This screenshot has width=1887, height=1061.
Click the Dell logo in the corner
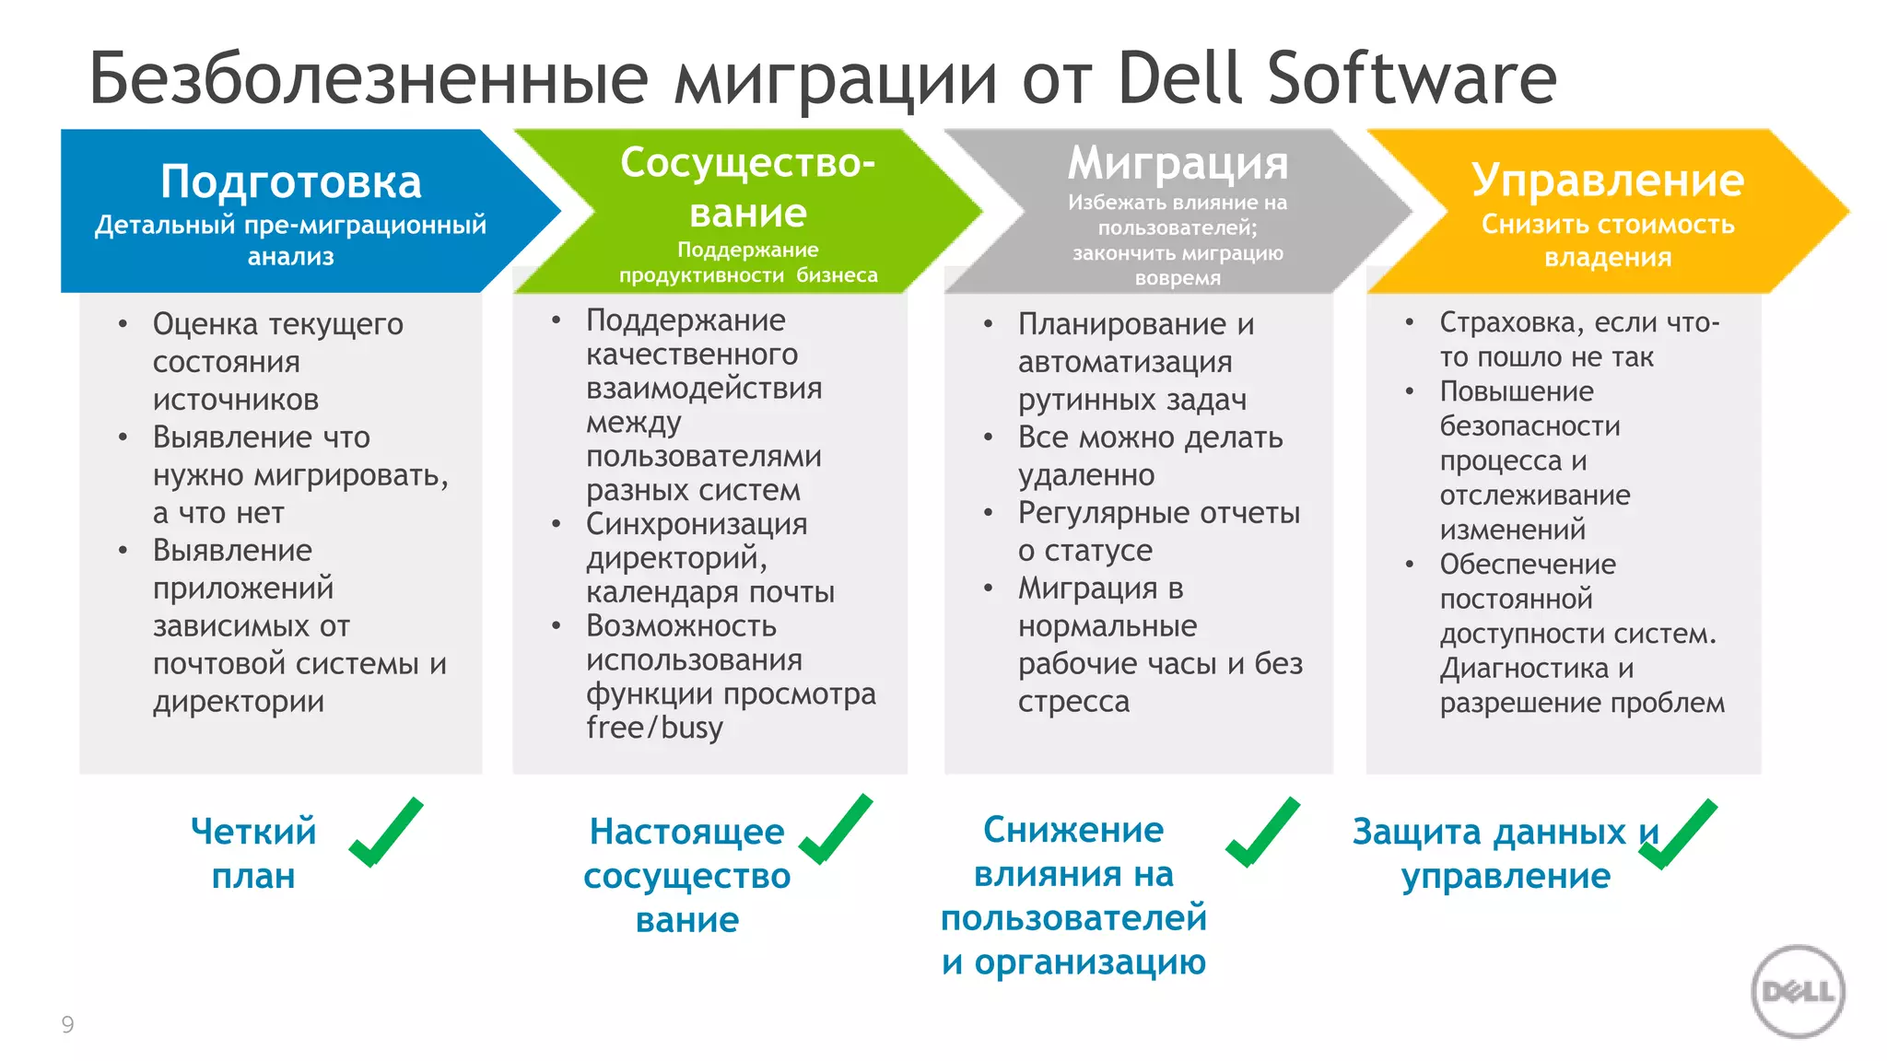[1798, 992]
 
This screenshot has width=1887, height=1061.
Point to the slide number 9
[67, 1024]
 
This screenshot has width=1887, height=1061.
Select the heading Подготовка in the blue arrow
[290, 181]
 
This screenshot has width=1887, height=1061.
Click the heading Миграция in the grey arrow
[1178, 164]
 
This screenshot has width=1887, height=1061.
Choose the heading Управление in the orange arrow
[1607, 180]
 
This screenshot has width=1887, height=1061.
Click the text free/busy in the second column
[654, 728]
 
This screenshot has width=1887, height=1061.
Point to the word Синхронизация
[697, 524]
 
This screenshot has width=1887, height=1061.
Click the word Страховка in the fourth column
[1508, 322]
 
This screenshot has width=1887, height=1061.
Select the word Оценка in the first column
[205, 324]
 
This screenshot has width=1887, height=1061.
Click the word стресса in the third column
[1073, 702]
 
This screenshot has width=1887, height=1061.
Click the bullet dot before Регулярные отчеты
[988, 513]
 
